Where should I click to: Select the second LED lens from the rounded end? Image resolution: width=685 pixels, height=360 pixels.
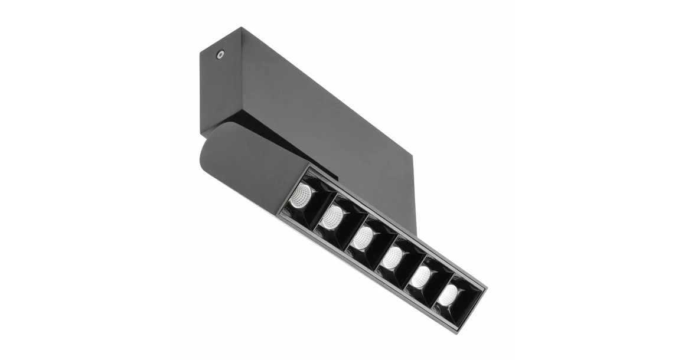click(332, 217)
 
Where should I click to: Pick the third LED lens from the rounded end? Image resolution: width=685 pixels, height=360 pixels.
click(362, 238)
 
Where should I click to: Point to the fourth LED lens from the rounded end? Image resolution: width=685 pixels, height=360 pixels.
click(392, 257)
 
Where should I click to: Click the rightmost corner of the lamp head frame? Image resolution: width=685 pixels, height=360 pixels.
click(487, 288)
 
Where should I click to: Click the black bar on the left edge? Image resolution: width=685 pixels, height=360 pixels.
click(35, 180)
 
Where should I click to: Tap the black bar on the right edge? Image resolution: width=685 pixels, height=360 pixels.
click(650, 180)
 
